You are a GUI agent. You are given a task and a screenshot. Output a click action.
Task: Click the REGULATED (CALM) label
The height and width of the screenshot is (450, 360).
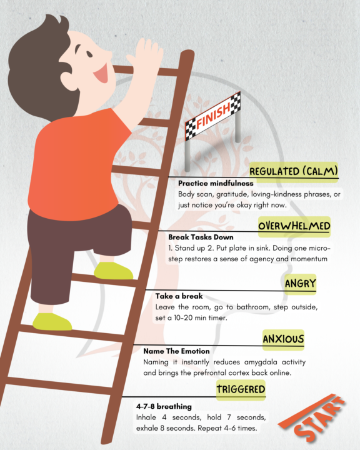(x=294, y=171)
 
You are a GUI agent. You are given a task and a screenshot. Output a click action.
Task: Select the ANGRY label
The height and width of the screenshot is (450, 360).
(x=300, y=284)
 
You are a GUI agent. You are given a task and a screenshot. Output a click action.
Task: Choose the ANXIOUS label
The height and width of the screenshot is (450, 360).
(x=283, y=339)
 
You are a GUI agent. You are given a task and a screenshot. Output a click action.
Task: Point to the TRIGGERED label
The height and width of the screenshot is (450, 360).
(x=241, y=390)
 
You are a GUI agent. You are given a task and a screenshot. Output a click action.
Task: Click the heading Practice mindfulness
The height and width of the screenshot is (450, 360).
(x=216, y=184)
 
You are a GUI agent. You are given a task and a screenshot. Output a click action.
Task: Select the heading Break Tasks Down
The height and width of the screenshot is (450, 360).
(x=201, y=237)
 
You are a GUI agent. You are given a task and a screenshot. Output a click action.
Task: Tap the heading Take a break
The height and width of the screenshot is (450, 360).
(x=179, y=296)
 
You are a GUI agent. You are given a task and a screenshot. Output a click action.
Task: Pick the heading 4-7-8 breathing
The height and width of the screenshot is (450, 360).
(x=164, y=406)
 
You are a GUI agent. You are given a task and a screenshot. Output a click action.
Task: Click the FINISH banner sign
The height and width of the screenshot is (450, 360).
(x=213, y=118)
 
